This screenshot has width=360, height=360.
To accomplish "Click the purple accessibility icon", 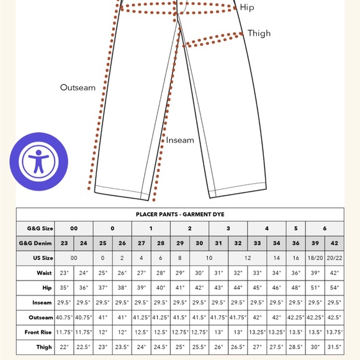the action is coord(38,161).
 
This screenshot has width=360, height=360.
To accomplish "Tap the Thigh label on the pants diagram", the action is coord(258,33).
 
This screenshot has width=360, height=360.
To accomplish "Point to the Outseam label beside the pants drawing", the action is coord(78,88).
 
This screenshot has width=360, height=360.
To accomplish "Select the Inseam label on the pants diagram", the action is coord(180,140).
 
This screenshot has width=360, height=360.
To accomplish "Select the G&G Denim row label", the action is coord(38,243).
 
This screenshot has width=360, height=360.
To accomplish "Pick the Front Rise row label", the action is coord(38,331).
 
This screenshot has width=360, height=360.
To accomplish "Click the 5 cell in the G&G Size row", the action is coord(295,228).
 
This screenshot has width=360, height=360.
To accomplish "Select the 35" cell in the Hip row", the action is coord(64,287).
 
